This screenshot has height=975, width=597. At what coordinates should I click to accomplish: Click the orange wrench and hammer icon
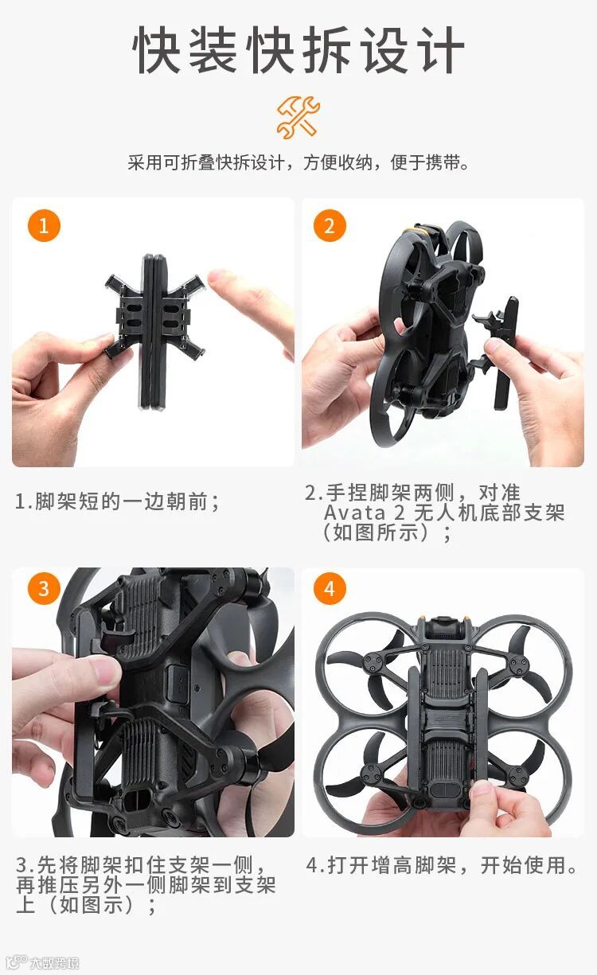(x=298, y=118)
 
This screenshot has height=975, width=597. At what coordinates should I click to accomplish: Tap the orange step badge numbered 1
(x=44, y=226)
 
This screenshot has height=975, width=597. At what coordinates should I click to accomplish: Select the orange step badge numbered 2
(x=330, y=226)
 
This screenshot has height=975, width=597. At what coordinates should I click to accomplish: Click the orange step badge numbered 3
(x=44, y=588)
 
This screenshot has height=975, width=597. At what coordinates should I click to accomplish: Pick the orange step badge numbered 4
(x=330, y=588)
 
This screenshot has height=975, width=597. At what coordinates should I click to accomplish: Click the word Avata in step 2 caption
(x=354, y=513)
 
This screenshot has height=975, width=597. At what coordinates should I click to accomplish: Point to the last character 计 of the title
(x=441, y=49)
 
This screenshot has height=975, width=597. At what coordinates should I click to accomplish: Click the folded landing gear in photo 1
(x=154, y=331)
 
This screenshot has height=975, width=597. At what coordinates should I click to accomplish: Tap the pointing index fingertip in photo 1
(x=219, y=279)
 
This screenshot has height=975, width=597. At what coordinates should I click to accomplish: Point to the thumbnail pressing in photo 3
(x=103, y=670)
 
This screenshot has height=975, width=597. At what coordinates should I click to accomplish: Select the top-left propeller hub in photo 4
(x=375, y=662)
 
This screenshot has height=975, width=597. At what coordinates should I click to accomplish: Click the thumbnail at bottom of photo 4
(x=482, y=791)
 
